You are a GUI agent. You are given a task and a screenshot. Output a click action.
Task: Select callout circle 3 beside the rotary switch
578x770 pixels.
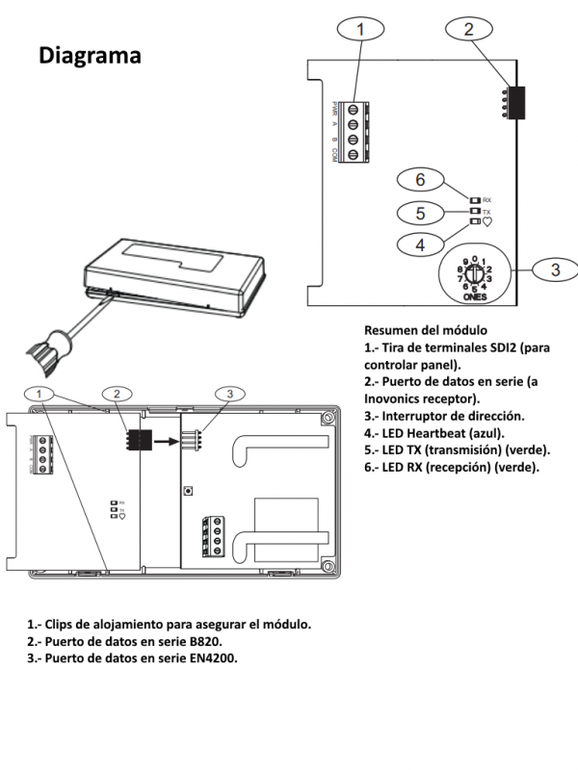553,269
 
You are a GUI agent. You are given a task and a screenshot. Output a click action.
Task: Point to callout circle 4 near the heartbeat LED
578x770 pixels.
420,244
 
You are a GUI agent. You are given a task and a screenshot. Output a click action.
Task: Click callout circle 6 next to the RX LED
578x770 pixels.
420,179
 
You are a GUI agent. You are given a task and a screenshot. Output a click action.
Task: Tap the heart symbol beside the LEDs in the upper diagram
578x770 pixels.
486,221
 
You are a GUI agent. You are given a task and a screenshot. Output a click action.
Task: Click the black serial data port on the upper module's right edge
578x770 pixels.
518,103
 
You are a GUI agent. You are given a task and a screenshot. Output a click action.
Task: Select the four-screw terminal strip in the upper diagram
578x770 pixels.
354,126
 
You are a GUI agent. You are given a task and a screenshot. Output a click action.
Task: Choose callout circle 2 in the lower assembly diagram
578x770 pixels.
116,393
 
